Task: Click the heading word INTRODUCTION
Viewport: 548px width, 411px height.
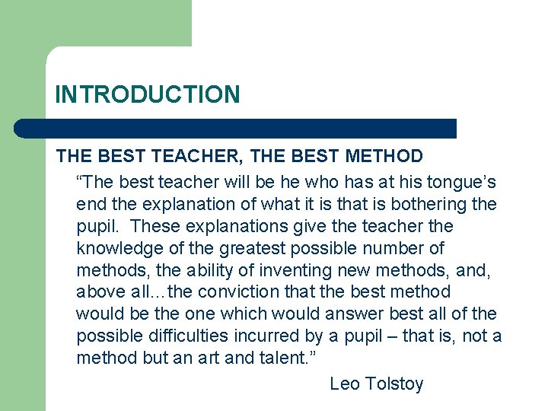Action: (147, 94)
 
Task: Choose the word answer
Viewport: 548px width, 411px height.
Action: (355, 314)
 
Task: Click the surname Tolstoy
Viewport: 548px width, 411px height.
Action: (394, 384)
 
